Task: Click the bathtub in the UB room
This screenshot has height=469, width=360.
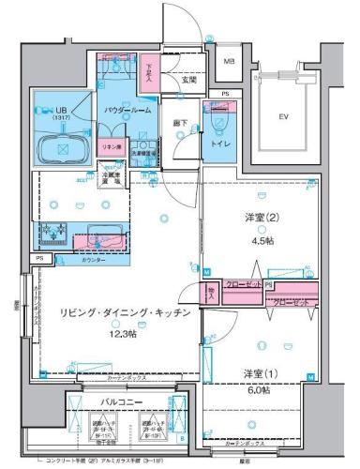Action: (x=61, y=148)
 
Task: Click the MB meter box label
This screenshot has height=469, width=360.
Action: (x=228, y=62)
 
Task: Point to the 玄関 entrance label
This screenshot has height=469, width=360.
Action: (x=189, y=81)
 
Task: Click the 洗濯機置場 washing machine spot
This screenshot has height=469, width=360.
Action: (x=143, y=149)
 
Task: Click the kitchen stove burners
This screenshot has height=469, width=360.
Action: (x=50, y=231)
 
